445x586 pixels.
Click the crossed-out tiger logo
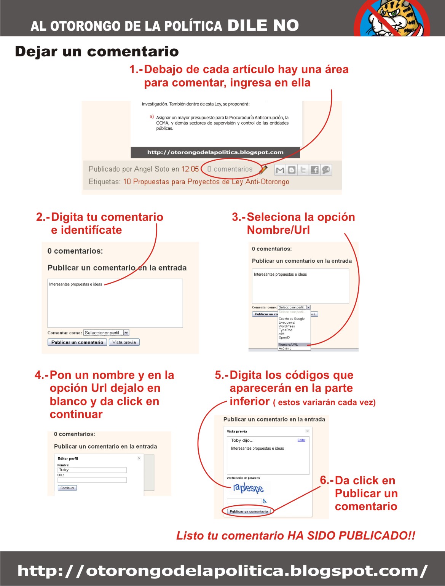pyautogui.click(x=392, y=18)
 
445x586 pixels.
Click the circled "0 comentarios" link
pyautogui.click(x=230, y=169)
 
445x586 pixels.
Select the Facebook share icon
pyautogui.click(x=314, y=170)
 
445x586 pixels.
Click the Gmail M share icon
pyautogui.click(x=280, y=170)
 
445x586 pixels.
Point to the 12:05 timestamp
pyautogui.click(x=190, y=169)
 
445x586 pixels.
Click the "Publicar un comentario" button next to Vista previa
pyautogui.click(x=77, y=342)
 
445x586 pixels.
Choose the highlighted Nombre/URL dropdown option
pyautogui.click(x=288, y=345)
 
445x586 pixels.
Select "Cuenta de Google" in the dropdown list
pyautogui.click(x=292, y=319)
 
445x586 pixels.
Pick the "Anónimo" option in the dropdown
pyautogui.click(x=285, y=348)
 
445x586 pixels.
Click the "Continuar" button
pyautogui.click(x=67, y=488)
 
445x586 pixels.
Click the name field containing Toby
pyautogui.click(x=92, y=470)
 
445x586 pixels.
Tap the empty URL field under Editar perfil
pyautogui.click(x=92, y=480)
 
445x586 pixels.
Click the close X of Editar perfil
pyautogui.click(x=139, y=458)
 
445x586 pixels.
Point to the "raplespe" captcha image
pyautogui.click(x=248, y=488)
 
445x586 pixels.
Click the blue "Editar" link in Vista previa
pyautogui.click(x=301, y=440)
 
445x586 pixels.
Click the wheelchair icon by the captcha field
pyautogui.click(x=265, y=501)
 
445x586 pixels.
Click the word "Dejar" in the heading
pyautogui.click(x=36, y=51)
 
